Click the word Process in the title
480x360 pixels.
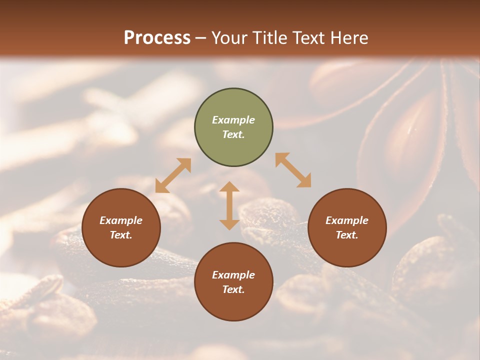pyautogui.click(x=157, y=38)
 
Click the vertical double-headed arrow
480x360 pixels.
pyautogui.click(x=229, y=205)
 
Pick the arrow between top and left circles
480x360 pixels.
pyautogui.click(x=173, y=175)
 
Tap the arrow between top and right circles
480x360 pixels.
pyautogui.click(x=293, y=170)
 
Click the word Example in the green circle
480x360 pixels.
pyautogui.click(x=233, y=120)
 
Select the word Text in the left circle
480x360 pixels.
pyautogui.click(x=120, y=235)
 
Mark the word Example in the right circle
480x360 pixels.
pyautogui.click(x=347, y=220)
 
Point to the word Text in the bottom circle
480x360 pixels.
pyautogui.click(x=233, y=289)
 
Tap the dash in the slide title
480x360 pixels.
pyautogui.click(x=200, y=38)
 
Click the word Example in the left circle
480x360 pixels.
pyautogui.click(x=121, y=220)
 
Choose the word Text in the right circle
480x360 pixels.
pyautogui.click(x=346, y=235)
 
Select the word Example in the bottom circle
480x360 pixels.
pyautogui.click(x=233, y=275)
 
